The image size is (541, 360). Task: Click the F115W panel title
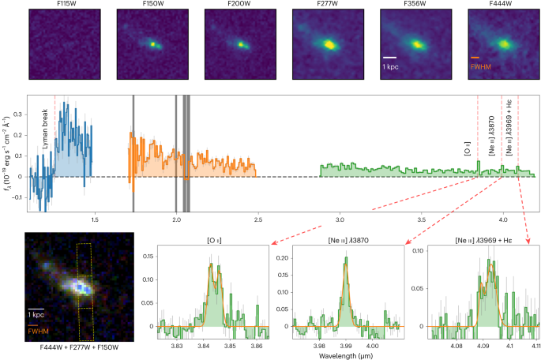pos(65,4)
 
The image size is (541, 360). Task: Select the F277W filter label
pos(328,4)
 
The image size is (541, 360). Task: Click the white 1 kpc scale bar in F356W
pos(390,58)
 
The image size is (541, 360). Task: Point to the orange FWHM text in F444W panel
pos(481,66)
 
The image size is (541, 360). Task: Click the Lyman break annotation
pos(45,129)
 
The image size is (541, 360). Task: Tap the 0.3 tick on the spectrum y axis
pos(18,114)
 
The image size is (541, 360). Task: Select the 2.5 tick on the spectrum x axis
pos(258,219)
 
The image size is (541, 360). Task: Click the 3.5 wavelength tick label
pos(421,219)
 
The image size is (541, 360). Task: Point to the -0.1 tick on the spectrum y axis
pos(17,197)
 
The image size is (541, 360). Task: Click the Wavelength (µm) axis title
pos(346,355)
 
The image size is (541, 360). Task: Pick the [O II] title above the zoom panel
pos(214,240)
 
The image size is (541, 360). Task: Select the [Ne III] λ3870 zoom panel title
pos(348,240)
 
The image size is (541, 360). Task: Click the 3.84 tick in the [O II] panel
pos(203,346)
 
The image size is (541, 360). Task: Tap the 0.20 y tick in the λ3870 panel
pos(283,258)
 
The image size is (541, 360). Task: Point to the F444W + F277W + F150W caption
pos(79,347)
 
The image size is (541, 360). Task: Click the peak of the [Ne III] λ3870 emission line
pos(346,257)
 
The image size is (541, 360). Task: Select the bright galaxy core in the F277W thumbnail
pos(329,44)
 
